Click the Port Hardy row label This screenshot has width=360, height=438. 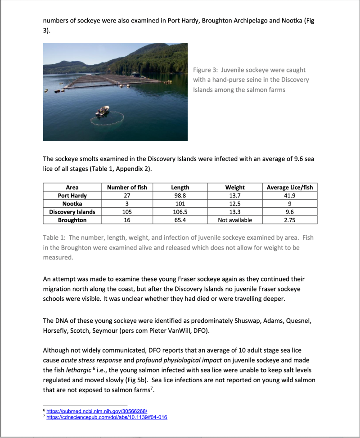[x=72, y=196]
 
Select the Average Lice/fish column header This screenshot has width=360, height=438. [x=289, y=187]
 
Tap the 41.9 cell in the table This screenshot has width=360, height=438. [x=289, y=196]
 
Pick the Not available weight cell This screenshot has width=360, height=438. [x=234, y=220]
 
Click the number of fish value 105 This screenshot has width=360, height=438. [x=126, y=212]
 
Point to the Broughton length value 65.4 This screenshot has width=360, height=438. [x=180, y=220]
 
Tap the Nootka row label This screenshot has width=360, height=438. [x=72, y=204]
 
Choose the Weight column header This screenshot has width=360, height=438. [x=234, y=187]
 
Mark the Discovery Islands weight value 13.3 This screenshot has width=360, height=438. [x=234, y=212]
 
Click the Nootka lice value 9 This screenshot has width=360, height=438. [x=289, y=204]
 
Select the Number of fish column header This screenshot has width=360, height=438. [x=126, y=187]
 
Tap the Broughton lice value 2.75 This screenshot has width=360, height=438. [x=289, y=220]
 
